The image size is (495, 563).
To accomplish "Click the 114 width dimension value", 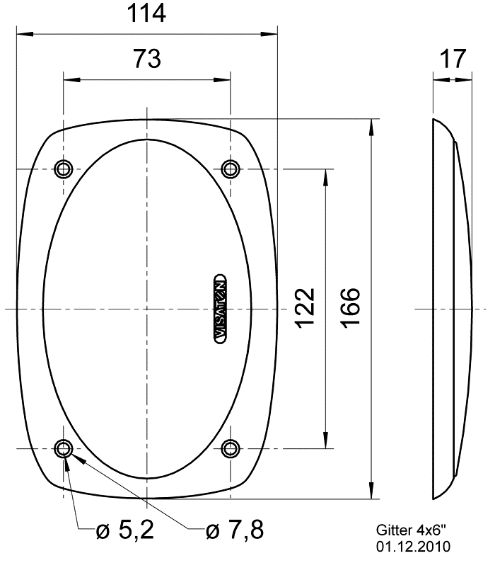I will pos(146,13).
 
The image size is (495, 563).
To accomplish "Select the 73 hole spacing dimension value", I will pos(146,59).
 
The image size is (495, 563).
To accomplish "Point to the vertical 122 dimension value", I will pos(304,308).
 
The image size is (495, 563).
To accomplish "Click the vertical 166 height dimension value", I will pos(349,308).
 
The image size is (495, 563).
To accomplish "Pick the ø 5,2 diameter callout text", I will pos(125,530).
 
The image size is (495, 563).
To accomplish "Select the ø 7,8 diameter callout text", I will pos(235,530).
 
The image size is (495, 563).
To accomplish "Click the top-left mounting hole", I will pos(64,169).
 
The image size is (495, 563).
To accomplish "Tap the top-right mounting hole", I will pos(230,169).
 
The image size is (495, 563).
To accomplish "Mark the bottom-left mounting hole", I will pos(64,448).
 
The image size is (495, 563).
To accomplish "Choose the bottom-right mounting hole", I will pos(230,448).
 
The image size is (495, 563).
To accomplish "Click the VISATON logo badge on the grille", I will pos(220,308).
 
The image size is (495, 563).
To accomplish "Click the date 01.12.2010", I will pos(413,547).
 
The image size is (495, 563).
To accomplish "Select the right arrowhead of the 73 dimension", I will pos(224,79).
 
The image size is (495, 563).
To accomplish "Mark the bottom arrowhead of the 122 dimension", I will pos(325,441).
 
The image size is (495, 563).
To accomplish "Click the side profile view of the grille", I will pos(451,308).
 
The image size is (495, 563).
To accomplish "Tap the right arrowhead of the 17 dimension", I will pos(467,79).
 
